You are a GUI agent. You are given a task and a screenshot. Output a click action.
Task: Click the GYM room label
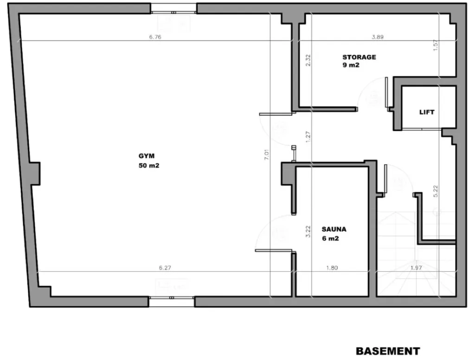coord(147,156)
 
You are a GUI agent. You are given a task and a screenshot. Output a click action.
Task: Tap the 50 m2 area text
coord(149,166)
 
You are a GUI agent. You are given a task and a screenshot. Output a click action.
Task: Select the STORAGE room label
coord(359,57)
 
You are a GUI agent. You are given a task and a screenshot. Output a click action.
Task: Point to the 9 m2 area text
coord(351,65)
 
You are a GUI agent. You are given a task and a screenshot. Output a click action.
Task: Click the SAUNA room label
coord(334,229)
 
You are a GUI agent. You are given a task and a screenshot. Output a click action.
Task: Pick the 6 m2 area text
coord(330,238)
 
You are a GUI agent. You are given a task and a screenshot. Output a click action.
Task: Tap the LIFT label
coord(427,112)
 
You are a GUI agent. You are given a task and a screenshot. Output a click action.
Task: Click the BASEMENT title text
coord(388,351)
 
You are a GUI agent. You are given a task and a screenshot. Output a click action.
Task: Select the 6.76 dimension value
coord(155,37)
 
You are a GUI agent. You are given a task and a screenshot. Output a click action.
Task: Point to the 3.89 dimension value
coord(378,37)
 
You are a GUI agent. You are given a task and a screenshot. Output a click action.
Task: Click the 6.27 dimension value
coord(165,268)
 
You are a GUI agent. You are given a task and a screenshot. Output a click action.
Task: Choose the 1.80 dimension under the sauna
coord(332,268)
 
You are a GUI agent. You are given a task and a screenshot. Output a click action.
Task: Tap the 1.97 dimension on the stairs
coord(416,268)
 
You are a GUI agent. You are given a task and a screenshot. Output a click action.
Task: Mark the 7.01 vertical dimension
coord(267,154)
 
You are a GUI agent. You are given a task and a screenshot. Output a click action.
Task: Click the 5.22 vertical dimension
coord(436,191)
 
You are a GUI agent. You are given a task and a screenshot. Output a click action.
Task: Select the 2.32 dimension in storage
coord(308,60)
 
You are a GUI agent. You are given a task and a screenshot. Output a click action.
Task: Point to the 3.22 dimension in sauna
coord(308,231)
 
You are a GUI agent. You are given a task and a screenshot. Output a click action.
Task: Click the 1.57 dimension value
coord(436,45)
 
